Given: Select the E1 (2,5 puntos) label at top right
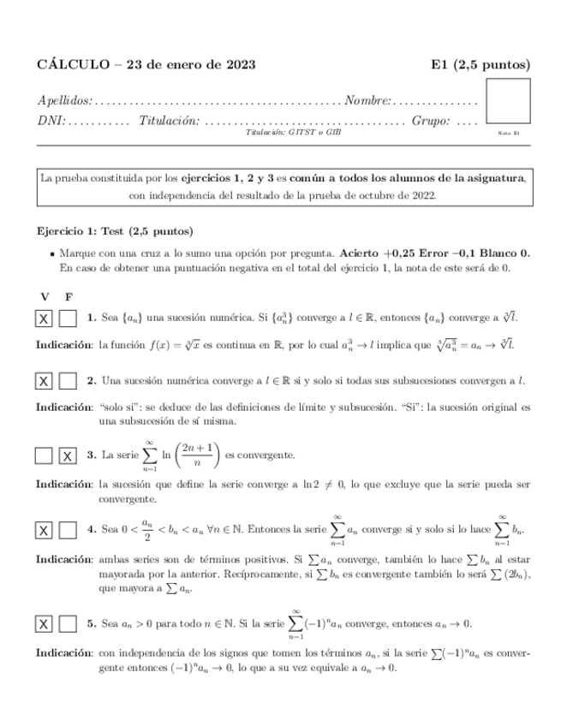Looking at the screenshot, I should [480, 64].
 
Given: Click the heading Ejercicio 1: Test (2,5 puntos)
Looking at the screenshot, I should [116, 231].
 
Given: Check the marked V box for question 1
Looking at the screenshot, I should [44, 318].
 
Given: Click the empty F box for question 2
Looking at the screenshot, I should [69, 380].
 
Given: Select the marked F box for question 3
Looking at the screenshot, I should [69, 455].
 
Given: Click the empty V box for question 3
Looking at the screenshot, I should [44, 455].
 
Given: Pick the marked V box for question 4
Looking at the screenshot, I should [44, 531].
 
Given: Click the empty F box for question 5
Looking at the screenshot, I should [69, 624].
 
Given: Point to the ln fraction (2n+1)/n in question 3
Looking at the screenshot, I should [196, 455].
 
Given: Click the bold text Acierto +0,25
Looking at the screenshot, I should [376, 254].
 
